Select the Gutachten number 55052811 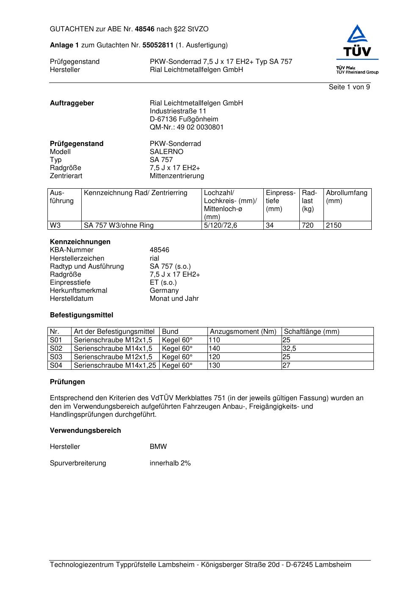tap(158, 45)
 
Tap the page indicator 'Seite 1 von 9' tap(349, 87)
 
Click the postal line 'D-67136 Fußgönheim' tap(184, 119)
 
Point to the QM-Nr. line tap(186, 127)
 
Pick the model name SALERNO tap(166, 152)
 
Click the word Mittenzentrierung tap(177, 176)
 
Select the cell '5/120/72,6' tap(220, 225)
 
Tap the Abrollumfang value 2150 tap(334, 225)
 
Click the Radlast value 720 tap(307, 225)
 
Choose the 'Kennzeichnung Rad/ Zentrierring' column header tap(135, 193)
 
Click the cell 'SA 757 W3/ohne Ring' tap(119, 225)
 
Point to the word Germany tap(164, 291)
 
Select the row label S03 tap(56, 357)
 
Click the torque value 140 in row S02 tap(215, 349)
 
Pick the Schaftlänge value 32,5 tap(289, 349)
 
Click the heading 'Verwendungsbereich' tap(85, 431)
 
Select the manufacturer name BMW tap(158, 447)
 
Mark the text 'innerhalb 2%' tap(170, 463)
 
